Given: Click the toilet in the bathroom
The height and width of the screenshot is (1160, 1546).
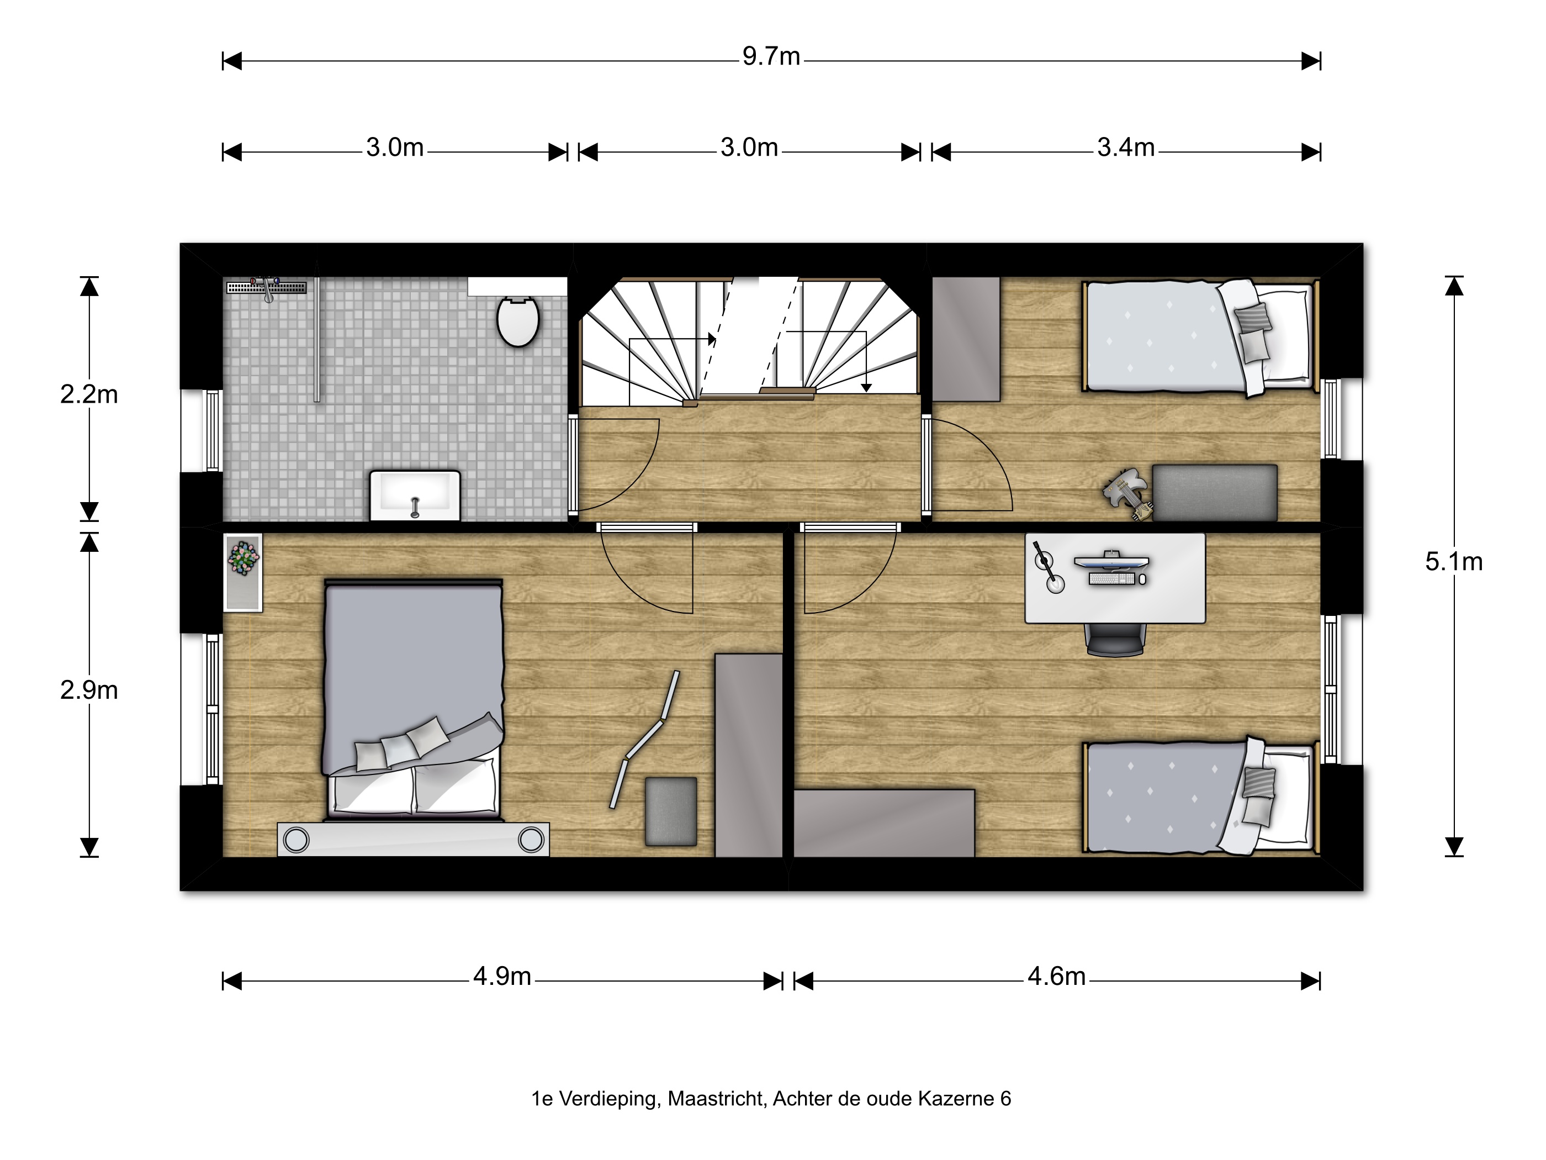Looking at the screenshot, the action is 518,321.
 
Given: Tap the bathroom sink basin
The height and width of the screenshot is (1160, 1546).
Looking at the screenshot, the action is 415,495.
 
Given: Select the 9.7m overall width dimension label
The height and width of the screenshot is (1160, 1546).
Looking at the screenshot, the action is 771,56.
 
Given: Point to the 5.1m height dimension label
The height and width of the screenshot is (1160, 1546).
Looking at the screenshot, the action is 1454,561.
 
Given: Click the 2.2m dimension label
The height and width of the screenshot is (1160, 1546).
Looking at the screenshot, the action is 89,394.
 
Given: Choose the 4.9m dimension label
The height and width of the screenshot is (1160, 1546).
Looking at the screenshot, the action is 502,976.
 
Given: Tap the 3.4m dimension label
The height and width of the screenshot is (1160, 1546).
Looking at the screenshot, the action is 1125,147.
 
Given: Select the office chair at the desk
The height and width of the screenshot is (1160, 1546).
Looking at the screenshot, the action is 1115,639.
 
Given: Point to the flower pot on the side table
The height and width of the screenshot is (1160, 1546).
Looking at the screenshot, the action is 242,558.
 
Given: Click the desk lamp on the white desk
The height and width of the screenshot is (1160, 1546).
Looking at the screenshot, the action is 1047,568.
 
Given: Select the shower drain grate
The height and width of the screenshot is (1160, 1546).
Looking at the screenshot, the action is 266,287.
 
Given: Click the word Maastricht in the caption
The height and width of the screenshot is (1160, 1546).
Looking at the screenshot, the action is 716,1099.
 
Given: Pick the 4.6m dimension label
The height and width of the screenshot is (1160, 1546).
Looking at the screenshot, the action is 1056,976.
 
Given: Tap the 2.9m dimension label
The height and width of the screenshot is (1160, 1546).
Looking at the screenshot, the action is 89,690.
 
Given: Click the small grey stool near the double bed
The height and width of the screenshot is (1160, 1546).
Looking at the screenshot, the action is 671,811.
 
